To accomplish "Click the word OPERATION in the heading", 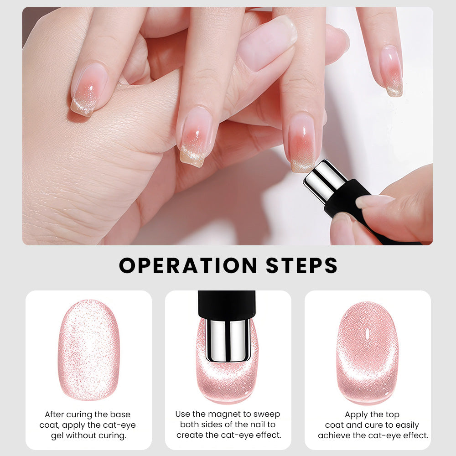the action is tap(188, 265).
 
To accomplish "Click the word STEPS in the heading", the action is tap(301, 265).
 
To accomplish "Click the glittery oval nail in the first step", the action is tap(89, 350).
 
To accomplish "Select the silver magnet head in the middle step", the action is tap(228, 340).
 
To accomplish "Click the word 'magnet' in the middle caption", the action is tap(225, 414).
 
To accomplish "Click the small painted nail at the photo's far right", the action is tap(392, 71).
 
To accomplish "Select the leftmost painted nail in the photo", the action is tap(88, 90).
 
